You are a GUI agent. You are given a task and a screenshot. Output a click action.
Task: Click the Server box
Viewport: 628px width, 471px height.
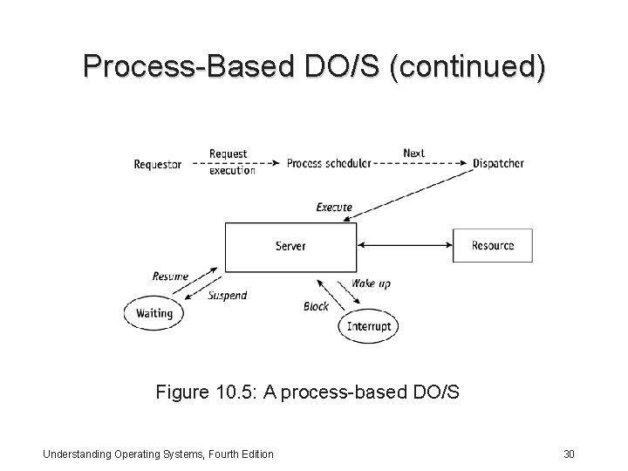point(290,247)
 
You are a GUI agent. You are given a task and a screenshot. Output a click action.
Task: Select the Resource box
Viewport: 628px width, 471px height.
point(492,246)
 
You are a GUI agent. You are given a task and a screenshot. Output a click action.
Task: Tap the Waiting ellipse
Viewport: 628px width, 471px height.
point(154,313)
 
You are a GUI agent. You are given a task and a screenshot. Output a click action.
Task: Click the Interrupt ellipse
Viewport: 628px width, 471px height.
point(370,327)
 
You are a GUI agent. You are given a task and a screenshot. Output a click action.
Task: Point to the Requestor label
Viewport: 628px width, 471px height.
point(158,163)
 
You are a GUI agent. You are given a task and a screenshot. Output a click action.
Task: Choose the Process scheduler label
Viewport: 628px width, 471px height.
point(329,163)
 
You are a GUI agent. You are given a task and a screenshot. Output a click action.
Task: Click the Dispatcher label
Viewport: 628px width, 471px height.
point(498,163)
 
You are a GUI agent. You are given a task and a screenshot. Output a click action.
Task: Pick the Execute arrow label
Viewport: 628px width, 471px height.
point(334,208)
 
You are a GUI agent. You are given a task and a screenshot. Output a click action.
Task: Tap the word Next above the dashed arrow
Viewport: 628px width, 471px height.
point(413,154)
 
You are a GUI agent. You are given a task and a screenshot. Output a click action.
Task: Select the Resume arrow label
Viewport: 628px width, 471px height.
point(170,276)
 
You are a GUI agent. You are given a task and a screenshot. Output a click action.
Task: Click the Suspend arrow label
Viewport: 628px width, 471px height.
point(227,296)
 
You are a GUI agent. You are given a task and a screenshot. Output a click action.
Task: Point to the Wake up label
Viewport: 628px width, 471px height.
point(371,284)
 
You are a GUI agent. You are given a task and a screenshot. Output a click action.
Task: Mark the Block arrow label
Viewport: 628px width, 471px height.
point(316,306)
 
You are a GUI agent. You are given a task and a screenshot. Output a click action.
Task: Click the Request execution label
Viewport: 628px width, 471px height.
point(231,162)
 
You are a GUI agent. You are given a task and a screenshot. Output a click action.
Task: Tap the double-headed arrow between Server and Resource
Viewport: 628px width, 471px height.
point(404,246)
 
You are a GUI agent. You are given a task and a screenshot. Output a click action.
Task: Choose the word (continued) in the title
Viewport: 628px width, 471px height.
point(468,66)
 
